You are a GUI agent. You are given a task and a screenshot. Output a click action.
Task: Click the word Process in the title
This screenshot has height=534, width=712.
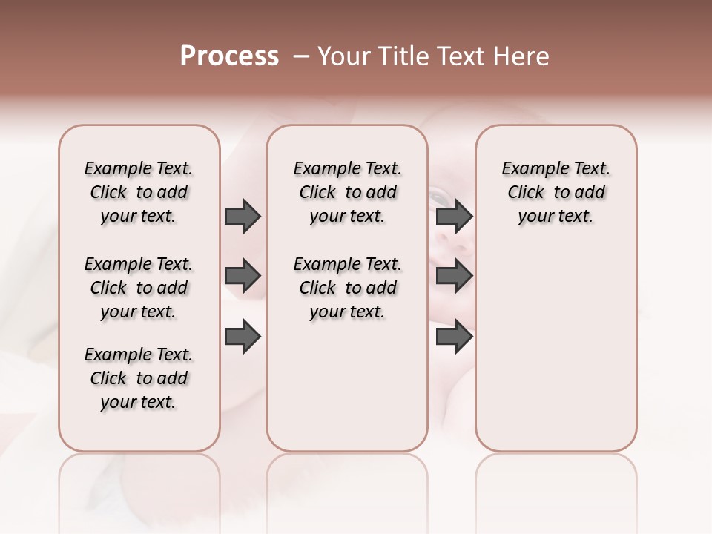[229, 56]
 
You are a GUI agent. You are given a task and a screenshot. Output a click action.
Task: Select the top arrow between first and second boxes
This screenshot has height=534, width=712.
[243, 216]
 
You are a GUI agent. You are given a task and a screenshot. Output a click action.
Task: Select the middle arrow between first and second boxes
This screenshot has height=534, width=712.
[243, 276]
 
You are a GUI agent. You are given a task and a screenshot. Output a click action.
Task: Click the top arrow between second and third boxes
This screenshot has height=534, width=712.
[454, 216]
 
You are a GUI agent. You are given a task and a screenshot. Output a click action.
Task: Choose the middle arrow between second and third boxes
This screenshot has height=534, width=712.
[454, 276]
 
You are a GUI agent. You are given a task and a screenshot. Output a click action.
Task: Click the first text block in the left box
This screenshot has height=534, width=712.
[139, 192]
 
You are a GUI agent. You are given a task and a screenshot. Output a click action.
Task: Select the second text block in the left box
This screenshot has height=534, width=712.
[139, 288]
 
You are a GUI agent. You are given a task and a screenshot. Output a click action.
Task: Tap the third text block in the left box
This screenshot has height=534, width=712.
[139, 378]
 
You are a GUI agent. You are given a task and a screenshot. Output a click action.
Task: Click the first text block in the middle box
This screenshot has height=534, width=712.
[347, 192]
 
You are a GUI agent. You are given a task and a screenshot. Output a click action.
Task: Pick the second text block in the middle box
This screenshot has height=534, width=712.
[347, 288]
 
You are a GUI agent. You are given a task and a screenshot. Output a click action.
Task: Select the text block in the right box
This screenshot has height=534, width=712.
[556, 192]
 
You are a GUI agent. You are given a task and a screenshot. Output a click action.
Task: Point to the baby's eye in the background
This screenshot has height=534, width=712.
[439, 197]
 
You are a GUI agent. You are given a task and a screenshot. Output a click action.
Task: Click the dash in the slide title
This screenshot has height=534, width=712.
[301, 56]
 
